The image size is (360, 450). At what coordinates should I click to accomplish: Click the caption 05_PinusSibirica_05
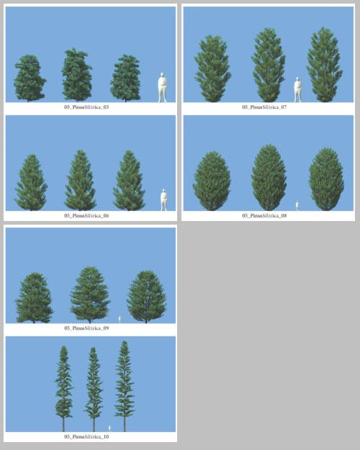(x=86, y=107)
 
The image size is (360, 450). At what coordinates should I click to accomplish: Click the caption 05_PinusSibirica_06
(x=86, y=215)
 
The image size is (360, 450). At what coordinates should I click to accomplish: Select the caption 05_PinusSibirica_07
(x=264, y=107)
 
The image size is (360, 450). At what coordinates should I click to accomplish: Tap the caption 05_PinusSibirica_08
(x=264, y=215)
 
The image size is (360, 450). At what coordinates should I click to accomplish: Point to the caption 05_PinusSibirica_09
(x=86, y=328)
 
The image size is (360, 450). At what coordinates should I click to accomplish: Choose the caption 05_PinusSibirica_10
(x=86, y=436)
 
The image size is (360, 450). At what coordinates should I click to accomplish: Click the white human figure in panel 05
(x=162, y=88)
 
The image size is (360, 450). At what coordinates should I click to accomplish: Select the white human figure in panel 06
(x=164, y=200)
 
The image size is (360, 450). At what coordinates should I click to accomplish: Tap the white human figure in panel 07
(x=297, y=89)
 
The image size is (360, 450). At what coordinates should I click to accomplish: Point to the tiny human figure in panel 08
(x=297, y=206)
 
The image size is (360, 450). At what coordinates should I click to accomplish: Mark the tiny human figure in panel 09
(x=120, y=320)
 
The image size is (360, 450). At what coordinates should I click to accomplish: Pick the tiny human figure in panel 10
(x=109, y=428)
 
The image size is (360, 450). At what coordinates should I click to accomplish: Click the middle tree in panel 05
(x=76, y=75)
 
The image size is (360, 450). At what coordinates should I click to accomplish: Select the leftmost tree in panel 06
(x=31, y=183)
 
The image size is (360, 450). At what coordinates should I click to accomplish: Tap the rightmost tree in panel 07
(x=325, y=65)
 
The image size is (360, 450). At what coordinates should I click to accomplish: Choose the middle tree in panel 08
(x=269, y=178)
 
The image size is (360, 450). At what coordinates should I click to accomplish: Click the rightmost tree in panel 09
(x=146, y=297)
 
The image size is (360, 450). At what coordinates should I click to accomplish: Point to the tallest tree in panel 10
(x=125, y=387)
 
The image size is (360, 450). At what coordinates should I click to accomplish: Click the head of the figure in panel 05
(x=162, y=75)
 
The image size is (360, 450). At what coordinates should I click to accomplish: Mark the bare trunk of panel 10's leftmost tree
(x=63, y=425)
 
